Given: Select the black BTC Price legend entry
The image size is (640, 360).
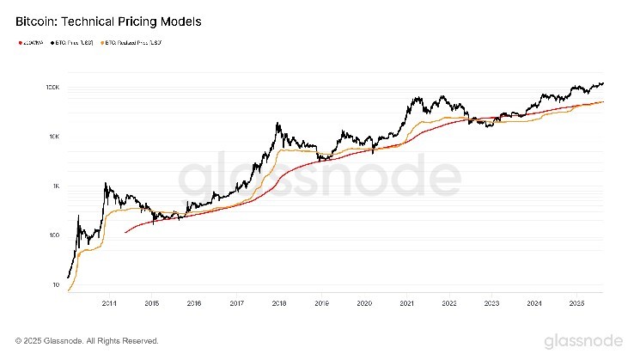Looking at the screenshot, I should pos(74,41).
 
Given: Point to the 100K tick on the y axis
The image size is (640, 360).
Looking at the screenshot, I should pos(52,88).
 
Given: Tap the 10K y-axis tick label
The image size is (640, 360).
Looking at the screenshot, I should pos(53,137).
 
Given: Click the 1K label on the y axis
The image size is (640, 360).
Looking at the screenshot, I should pos(55,186).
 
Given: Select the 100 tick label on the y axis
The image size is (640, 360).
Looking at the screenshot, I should pos(54,235).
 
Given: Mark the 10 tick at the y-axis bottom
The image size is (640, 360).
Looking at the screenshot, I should pos(55,284).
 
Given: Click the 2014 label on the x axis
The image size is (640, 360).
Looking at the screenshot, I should pos(109,302).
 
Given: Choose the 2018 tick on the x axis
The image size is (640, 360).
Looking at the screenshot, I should pos(278,302).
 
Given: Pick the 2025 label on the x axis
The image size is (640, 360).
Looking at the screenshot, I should pos(576,302).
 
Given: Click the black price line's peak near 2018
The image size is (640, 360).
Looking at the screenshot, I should pos(277,123).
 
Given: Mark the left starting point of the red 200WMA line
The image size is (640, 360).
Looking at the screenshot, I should pos(125,232).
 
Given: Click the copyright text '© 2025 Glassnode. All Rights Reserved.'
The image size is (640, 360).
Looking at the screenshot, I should pos(88,340).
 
